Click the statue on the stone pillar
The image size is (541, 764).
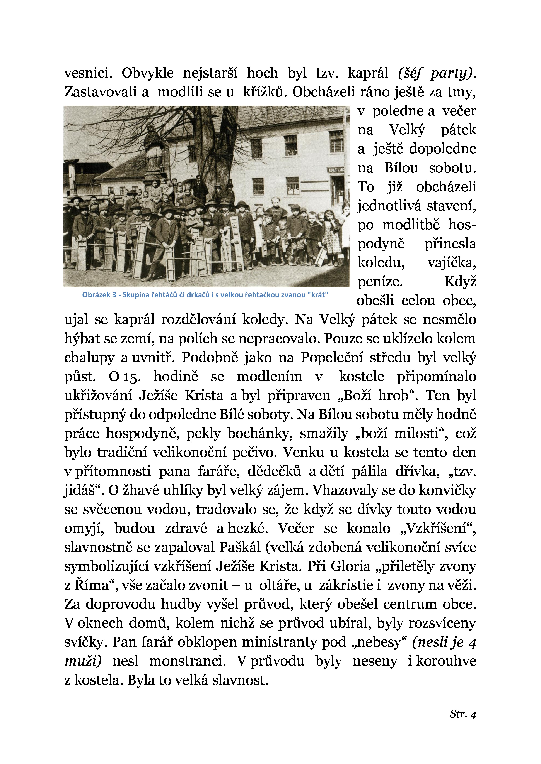click(x=154, y=146)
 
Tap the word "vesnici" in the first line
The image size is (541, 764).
click(x=88, y=73)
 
